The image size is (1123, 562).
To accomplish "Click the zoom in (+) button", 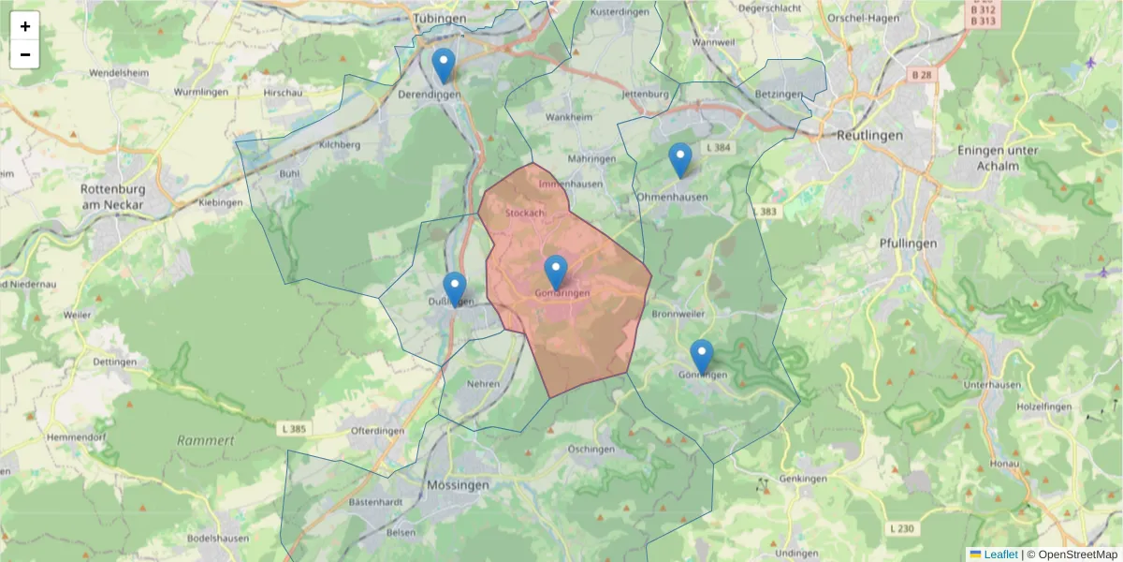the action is (25, 26).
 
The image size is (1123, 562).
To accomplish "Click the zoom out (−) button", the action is (25, 54).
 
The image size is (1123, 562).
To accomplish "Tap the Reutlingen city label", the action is (870, 135).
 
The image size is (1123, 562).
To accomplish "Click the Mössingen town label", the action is (458, 485).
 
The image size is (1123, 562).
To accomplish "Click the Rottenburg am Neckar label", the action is (111, 196).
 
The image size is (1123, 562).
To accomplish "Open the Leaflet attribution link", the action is (1000, 555).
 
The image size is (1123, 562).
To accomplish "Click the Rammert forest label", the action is (205, 440).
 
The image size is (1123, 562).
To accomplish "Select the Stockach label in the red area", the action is (524, 214).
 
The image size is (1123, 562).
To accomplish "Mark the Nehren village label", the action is (483, 384).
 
